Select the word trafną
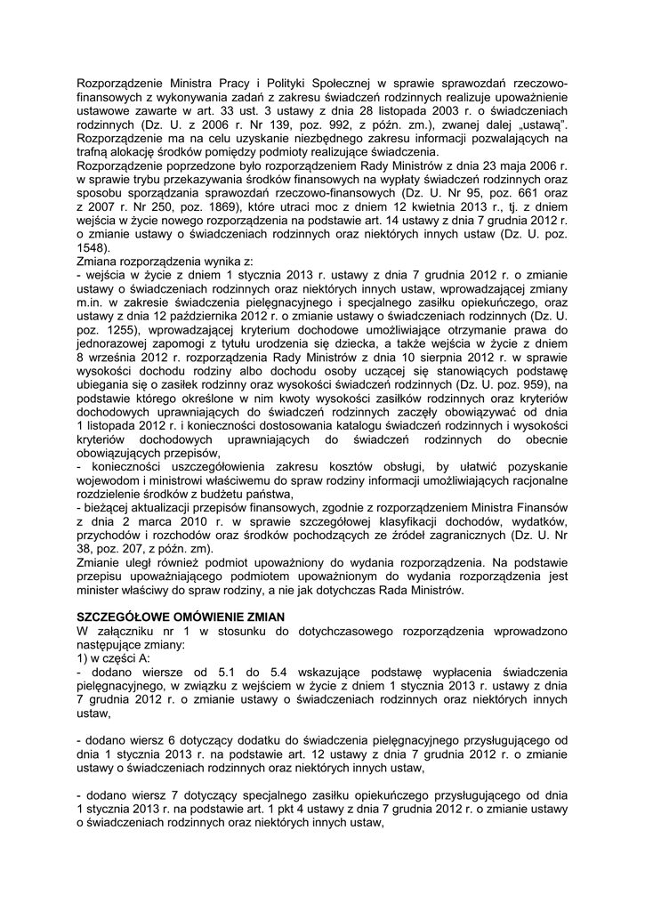(x=94, y=152)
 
